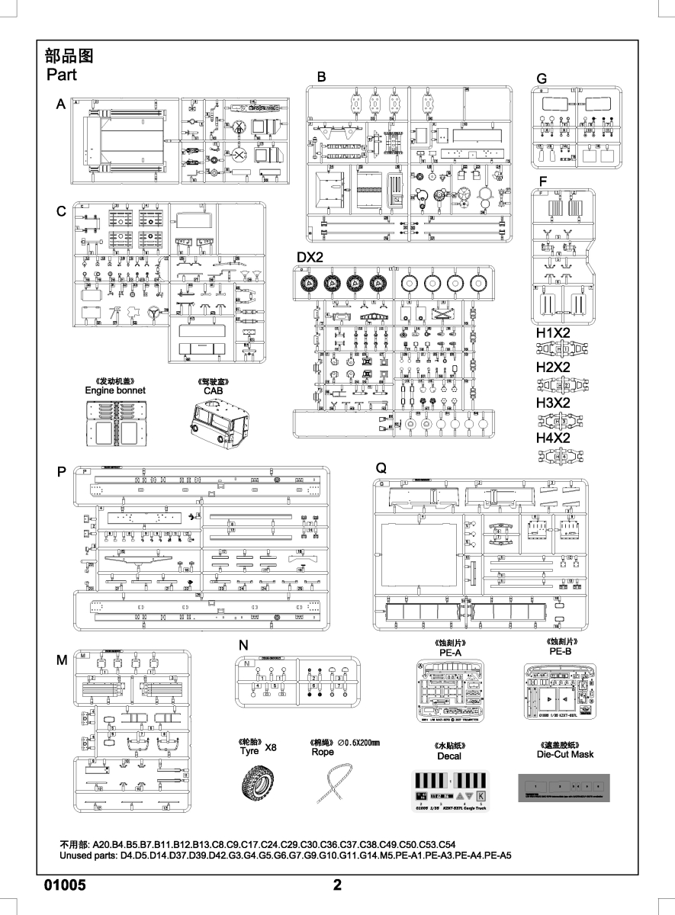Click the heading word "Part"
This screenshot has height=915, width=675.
62,75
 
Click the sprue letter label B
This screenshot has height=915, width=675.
321,76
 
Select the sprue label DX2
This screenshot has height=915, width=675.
311,258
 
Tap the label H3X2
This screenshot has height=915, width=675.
553,402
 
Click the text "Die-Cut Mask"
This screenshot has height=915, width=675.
565,754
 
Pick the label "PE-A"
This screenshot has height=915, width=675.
450,653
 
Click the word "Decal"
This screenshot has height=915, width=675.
449,756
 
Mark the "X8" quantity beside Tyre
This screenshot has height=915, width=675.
270,748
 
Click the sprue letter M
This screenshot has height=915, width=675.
62,660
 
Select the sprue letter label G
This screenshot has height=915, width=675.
542,79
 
